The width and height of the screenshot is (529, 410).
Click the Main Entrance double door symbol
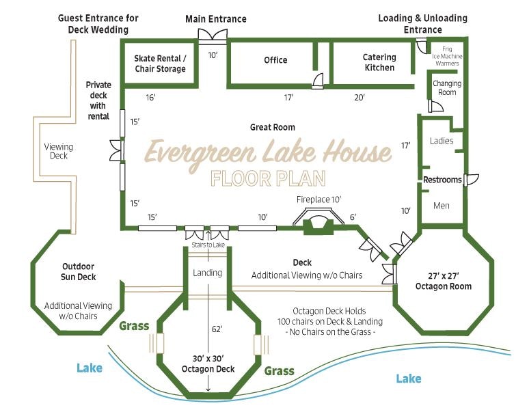click(x=213, y=36)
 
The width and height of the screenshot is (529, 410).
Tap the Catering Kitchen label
click(x=379, y=62)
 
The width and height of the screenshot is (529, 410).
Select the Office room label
click(x=275, y=60)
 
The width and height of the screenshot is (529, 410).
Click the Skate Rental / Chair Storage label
click(x=160, y=64)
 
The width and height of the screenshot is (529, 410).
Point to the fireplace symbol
click(x=318, y=222)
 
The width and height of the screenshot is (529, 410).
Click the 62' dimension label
click(x=217, y=329)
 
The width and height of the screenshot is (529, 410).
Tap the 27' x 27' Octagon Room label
click(x=444, y=282)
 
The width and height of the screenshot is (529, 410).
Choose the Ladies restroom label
click(x=442, y=141)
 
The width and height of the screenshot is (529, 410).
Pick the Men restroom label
click(x=442, y=205)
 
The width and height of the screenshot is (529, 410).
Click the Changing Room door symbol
click(x=435, y=106)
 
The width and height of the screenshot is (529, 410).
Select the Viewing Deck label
click(x=59, y=151)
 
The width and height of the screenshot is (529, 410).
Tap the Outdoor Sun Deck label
click(x=79, y=272)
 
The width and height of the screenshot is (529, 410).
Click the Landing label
click(x=208, y=273)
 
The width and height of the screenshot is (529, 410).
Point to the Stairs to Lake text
click(x=208, y=245)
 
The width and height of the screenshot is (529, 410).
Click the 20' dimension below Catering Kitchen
click(x=360, y=98)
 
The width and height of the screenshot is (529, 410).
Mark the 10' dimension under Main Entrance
click(x=213, y=55)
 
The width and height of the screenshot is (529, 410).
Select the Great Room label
click(x=273, y=127)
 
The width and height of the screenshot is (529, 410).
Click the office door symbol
click(x=317, y=81)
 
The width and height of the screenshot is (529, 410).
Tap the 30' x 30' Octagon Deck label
click(x=208, y=364)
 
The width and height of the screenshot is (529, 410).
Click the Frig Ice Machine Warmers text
click(x=447, y=56)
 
